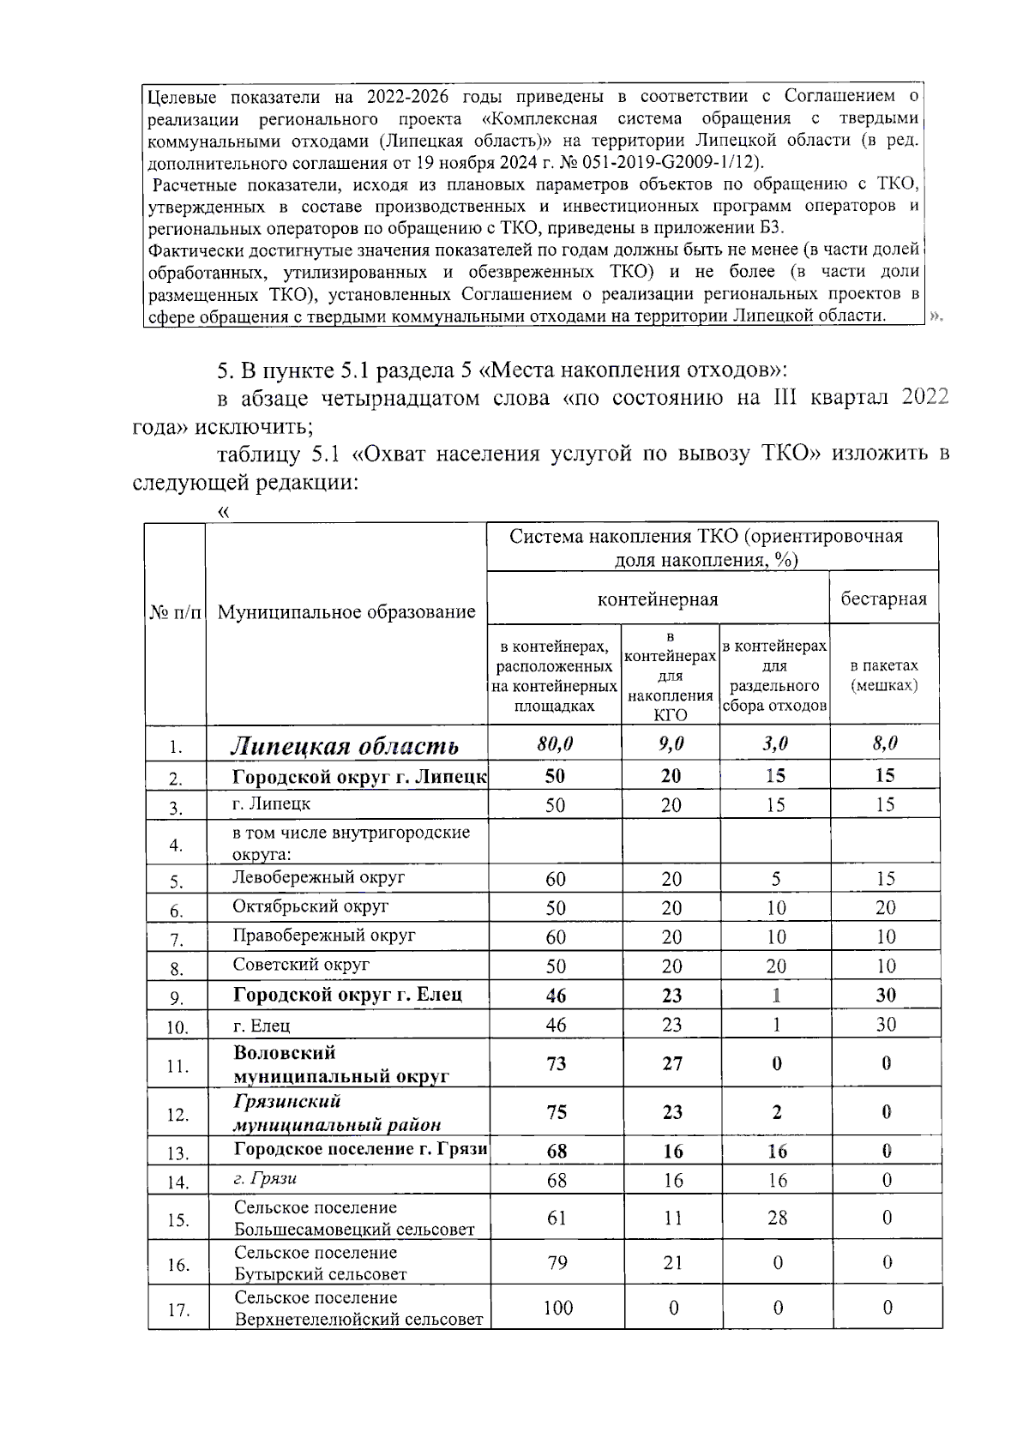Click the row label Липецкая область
(x=345, y=746)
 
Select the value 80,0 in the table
(x=555, y=744)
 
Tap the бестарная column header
(x=883, y=599)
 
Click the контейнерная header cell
(x=657, y=599)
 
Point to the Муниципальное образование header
(x=346, y=611)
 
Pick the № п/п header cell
(x=176, y=612)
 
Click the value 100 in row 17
(x=557, y=1308)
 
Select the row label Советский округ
(x=301, y=964)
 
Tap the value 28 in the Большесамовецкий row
(x=776, y=1218)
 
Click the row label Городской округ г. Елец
(x=347, y=995)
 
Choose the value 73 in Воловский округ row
(x=556, y=1063)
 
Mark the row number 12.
(x=178, y=1115)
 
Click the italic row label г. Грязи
(x=265, y=1178)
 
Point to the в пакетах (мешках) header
(x=883, y=676)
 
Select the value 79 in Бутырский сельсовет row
(x=557, y=1262)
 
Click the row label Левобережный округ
(x=318, y=877)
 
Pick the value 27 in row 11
(x=671, y=1063)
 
